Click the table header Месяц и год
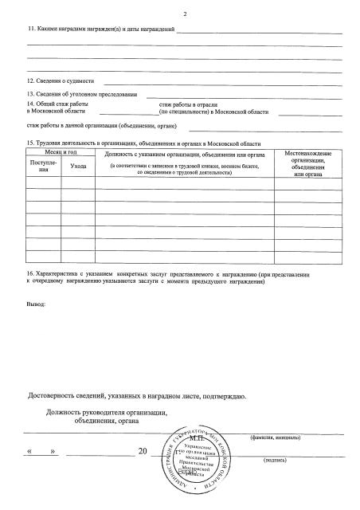pos(61,151)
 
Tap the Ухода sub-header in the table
pos(78,165)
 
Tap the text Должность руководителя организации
pos(108,411)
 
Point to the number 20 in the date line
pos(143,452)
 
